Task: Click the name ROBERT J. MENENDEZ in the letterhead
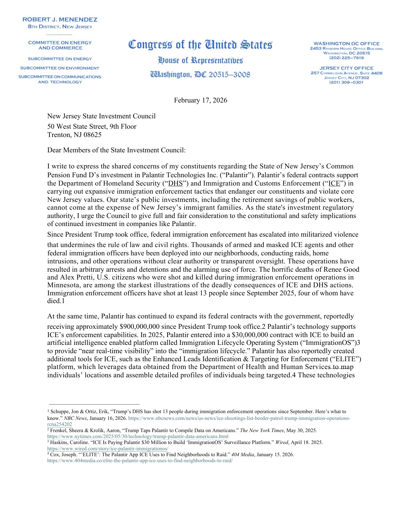60,19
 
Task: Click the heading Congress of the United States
200,45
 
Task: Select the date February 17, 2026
200,100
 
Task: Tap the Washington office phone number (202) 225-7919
346,58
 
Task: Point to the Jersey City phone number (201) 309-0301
346,82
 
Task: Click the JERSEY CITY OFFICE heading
346,68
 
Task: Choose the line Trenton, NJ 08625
74,135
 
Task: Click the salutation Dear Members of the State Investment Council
116,150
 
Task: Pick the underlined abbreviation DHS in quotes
176,183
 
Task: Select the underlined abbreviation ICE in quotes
334,183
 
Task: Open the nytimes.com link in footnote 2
138,436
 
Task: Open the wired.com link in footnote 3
108,448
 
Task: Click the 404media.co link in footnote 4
140,461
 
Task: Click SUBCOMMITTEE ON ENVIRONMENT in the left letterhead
60,68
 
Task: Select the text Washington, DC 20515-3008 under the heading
200,75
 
